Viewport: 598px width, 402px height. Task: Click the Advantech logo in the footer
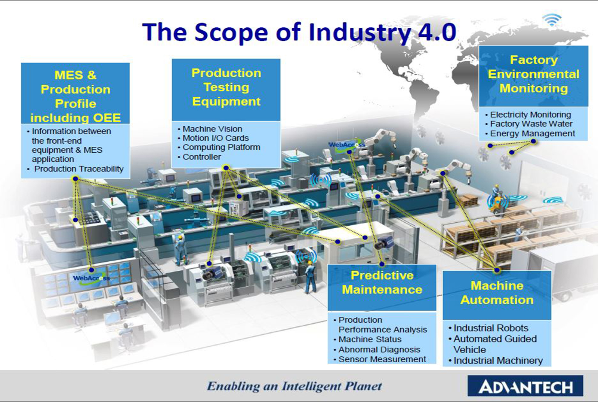pos(525,386)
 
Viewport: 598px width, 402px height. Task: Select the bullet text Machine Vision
pos(212,129)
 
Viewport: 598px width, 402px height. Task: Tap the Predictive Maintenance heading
pos(382,283)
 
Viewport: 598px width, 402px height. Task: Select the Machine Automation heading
pos(497,293)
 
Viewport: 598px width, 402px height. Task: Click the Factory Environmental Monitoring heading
pos(534,74)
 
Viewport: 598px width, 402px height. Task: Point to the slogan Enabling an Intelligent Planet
pos(295,386)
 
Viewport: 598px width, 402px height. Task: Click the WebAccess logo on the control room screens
pos(91,278)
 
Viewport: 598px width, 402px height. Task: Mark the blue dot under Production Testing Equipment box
pos(226,168)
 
